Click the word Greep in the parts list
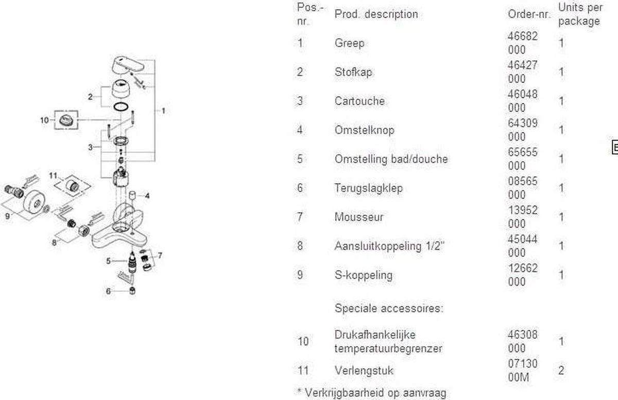pos(349,43)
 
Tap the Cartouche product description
pos(359,101)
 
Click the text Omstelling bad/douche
pos(391,159)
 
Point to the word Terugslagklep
pos(368,188)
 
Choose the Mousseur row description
pos(359,217)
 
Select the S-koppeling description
pos(363,275)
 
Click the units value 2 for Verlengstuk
pos(561,370)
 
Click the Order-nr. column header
pos(529,14)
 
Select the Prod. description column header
pos(376,14)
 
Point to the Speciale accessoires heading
pos(389,309)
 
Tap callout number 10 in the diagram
pos(44,120)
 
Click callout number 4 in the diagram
pos(147,196)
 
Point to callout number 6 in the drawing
pos(108,291)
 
